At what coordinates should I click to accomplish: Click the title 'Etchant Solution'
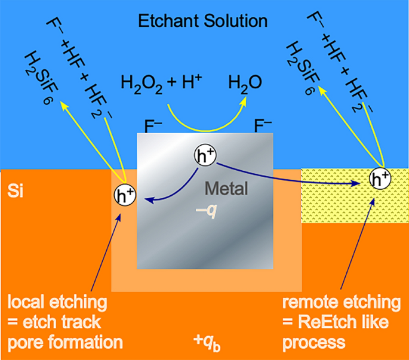[203, 22]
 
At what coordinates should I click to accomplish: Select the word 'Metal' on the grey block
[225, 189]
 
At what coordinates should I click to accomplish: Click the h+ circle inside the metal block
[205, 156]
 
